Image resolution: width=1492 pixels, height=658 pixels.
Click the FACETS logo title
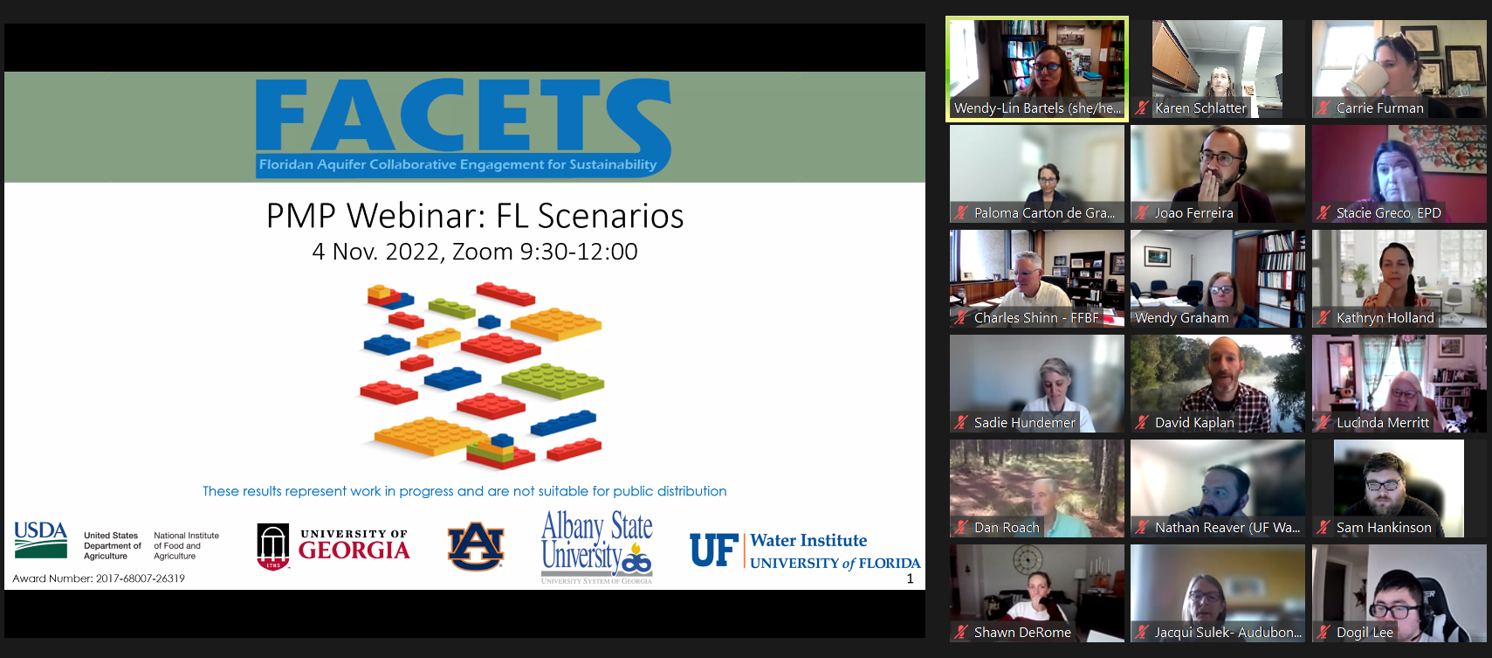[x=463, y=114]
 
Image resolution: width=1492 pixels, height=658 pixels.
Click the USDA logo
[x=41, y=540]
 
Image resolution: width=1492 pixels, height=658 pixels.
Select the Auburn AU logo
[x=476, y=546]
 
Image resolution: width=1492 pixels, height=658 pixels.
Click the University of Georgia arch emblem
[x=273, y=547]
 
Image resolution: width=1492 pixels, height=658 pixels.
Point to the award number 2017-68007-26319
[x=141, y=578]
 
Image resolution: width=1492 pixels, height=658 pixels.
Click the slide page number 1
[x=911, y=578]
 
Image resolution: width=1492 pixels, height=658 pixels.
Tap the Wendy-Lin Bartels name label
[x=1037, y=108]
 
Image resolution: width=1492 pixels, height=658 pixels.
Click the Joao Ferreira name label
[x=1193, y=213]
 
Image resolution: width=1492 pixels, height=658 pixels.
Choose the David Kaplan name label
[x=1194, y=423]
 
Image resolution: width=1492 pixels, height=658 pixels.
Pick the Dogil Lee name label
[x=1365, y=633]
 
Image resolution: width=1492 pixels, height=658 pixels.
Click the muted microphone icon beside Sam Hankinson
[x=1324, y=527]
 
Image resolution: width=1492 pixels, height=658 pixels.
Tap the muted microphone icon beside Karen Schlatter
[x=1142, y=108]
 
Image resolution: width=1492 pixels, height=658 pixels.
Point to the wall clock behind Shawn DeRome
[x=1027, y=560]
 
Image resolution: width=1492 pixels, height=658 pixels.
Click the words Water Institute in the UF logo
[x=808, y=541]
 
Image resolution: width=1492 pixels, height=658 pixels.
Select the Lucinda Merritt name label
[x=1383, y=423]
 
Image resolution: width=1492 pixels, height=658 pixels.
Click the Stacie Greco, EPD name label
[x=1389, y=213]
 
